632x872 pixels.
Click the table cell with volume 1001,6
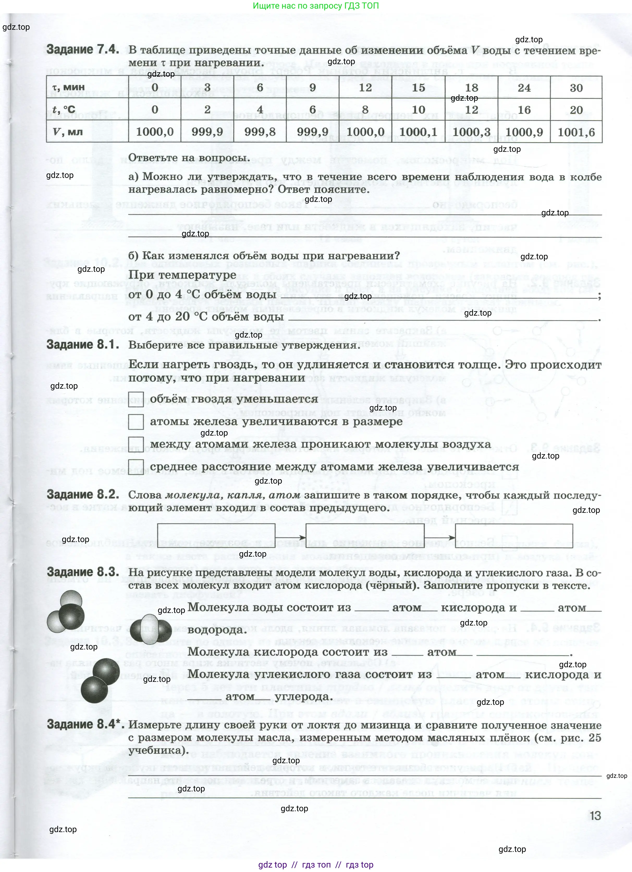[x=576, y=132]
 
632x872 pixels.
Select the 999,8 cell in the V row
[x=260, y=132]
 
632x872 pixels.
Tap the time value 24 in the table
[x=524, y=88]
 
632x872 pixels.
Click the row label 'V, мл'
[x=68, y=132]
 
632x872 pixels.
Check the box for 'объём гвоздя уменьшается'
[x=136, y=399]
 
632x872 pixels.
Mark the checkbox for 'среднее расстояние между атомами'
[x=136, y=466]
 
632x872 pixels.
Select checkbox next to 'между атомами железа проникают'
[x=136, y=444]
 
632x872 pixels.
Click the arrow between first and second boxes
[x=290, y=538]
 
